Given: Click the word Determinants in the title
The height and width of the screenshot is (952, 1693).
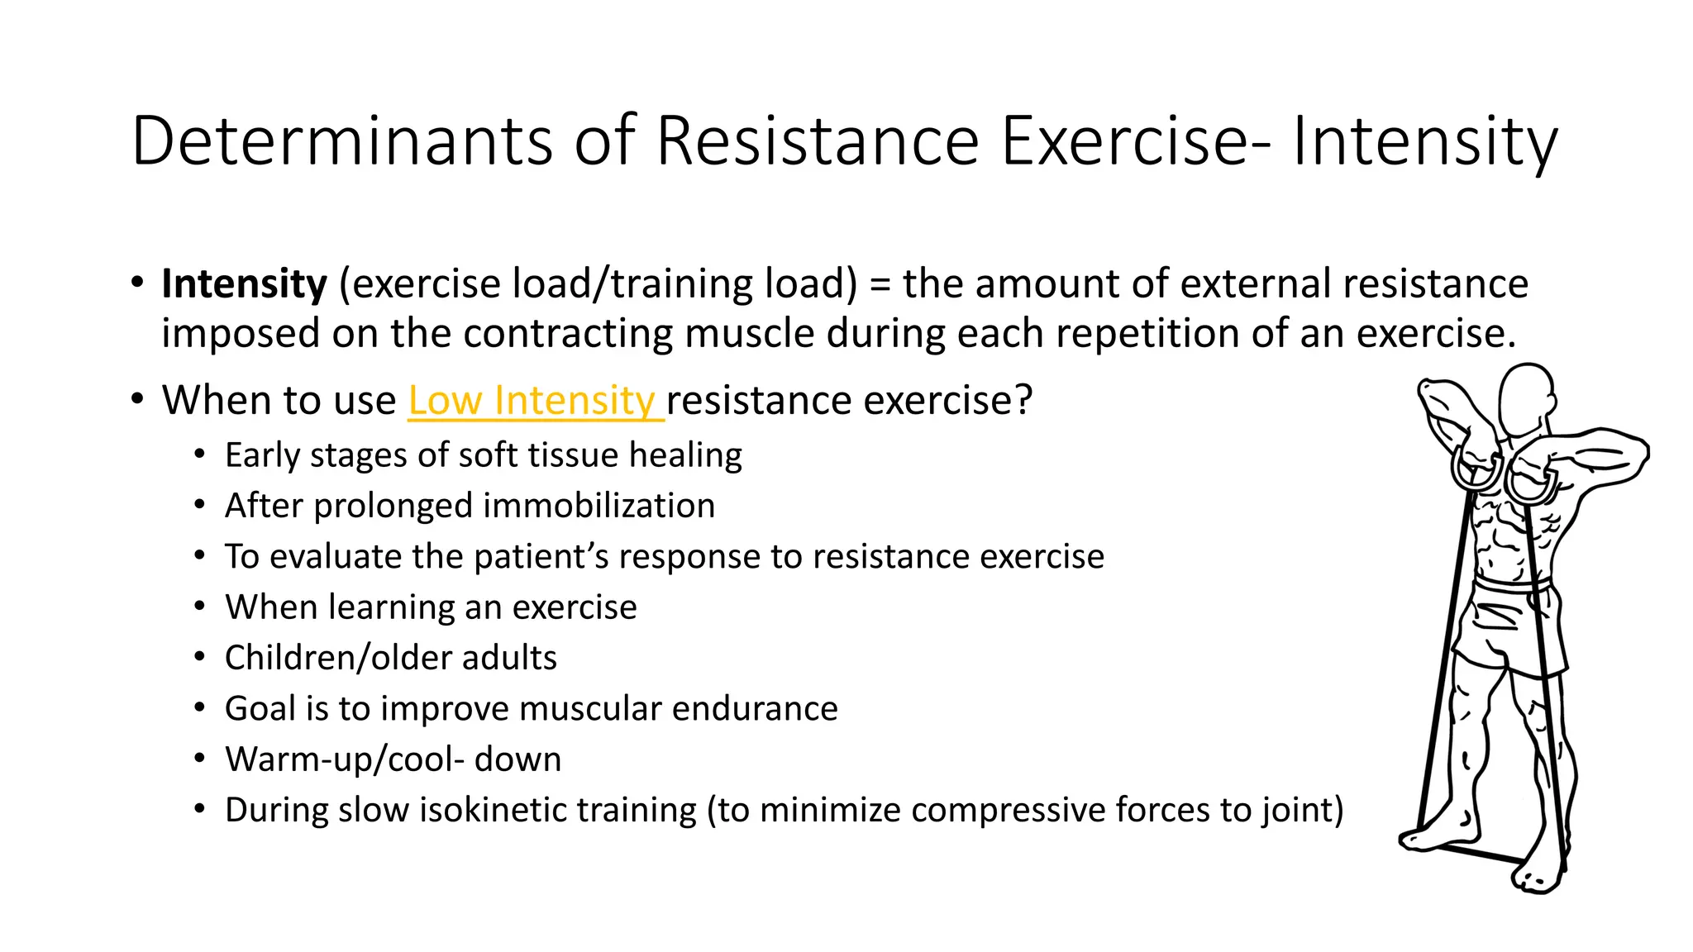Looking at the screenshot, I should [341, 141].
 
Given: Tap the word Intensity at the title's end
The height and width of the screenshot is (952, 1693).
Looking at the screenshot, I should [1424, 141].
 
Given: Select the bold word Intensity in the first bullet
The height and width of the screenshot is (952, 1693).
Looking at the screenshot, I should [244, 283].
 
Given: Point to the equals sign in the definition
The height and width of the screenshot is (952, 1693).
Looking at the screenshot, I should [880, 285].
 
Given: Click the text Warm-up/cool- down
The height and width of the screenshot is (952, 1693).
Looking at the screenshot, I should [393, 759].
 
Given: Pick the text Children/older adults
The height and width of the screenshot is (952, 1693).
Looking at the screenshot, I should [390, 658].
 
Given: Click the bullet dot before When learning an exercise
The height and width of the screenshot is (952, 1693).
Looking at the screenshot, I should [199, 607].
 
